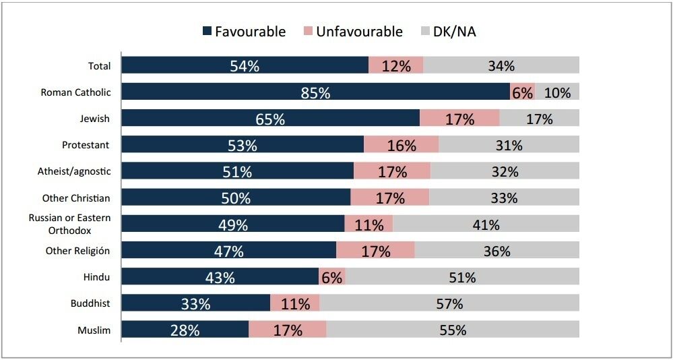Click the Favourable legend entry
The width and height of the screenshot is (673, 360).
click(244, 32)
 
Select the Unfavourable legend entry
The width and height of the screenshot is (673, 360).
click(354, 32)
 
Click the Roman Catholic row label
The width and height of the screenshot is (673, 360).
click(75, 92)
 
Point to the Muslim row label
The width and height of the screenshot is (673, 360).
click(94, 330)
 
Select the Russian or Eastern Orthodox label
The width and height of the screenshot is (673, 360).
click(69, 224)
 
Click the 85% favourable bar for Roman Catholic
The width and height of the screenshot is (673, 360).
click(315, 92)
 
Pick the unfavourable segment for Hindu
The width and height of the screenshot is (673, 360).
click(331, 276)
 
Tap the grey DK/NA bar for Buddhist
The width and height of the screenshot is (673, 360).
click(449, 303)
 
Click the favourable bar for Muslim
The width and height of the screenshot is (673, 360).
click(185, 330)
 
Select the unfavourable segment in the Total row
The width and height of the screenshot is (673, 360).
click(395, 65)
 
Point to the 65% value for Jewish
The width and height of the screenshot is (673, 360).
click(270, 119)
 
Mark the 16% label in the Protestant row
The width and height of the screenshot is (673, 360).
click(402, 146)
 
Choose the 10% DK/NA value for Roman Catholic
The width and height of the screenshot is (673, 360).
click(558, 92)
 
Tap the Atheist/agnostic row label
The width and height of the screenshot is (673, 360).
click(75, 171)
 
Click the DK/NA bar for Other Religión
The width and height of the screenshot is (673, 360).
click(497, 250)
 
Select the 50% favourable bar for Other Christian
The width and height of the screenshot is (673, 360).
click(236, 197)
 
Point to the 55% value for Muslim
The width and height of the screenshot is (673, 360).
click(453, 330)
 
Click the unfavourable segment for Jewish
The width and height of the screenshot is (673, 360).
click(459, 118)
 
